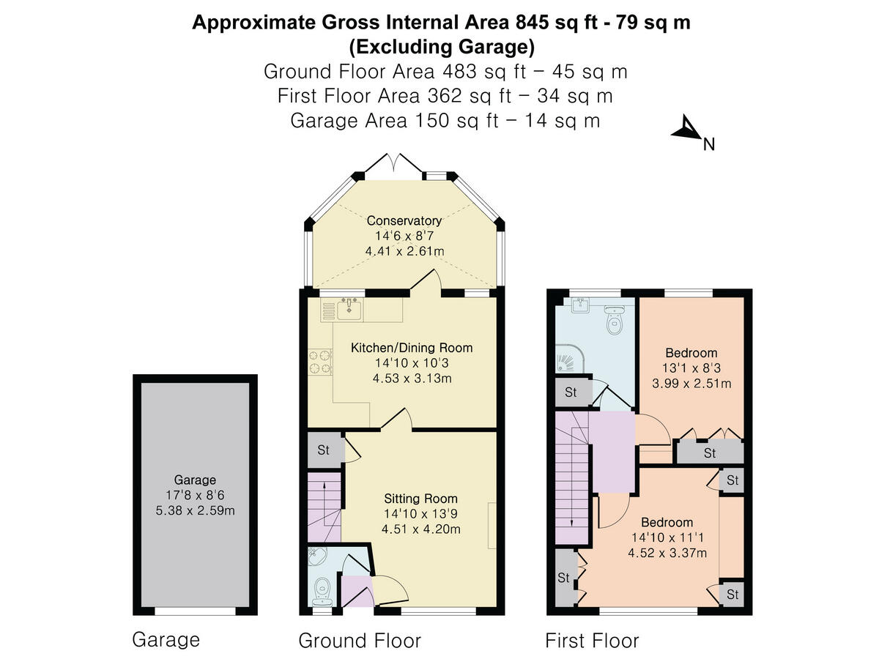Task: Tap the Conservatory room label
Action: pos(404,220)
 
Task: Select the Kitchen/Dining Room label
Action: pos(412,348)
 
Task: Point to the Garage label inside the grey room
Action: pos(195,480)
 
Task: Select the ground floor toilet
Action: pos(323,587)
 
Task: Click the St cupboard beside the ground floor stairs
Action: pos(324,450)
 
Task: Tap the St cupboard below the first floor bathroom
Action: pos(571,392)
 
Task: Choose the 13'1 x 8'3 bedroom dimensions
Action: pos(691,368)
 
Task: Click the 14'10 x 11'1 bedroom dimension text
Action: pos(667,537)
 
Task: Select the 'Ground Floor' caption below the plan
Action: pos(360,641)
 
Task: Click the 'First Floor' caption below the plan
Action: pos(592,641)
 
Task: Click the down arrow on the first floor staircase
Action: pos(571,521)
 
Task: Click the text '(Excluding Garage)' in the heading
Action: pos(441,48)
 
